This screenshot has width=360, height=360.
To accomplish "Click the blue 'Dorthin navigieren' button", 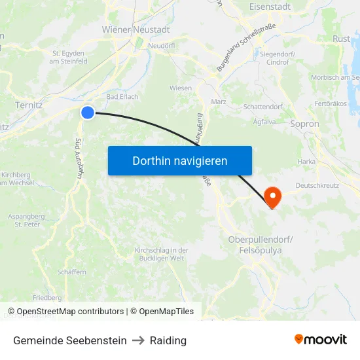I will tap(180, 160).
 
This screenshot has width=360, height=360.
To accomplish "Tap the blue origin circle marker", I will tap(88, 113).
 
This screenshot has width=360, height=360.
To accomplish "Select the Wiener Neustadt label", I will tap(136, 29).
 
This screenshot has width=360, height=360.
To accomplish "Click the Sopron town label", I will tap(304, 124).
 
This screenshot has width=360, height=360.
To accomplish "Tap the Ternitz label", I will tap(29, 104).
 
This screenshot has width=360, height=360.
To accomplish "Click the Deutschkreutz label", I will tap(317, 186).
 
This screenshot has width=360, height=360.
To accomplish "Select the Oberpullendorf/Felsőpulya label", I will tap(261, 244).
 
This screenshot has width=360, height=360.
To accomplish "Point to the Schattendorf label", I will tap(262, 105).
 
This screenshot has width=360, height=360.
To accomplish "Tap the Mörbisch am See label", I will tap(336, 77).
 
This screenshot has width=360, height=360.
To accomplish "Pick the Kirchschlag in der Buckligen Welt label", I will tap(161, 254).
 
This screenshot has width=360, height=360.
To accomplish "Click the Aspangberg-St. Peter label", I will tap(27, 220).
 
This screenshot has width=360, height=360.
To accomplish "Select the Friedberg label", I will tap(47, 297).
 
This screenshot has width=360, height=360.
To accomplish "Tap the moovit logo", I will tap(321, 340).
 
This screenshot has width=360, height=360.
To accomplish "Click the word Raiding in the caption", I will tap(168, 340).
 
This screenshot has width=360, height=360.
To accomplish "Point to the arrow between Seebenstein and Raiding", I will tap(138, 340).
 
